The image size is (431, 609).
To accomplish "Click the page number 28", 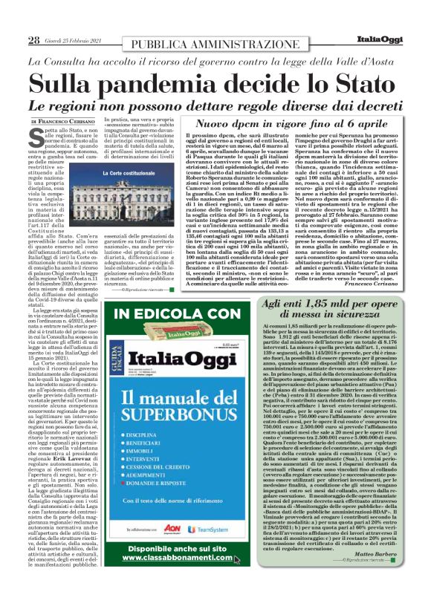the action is tap(34, 39).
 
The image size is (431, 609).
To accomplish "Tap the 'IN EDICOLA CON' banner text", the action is tap(179, 316).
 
